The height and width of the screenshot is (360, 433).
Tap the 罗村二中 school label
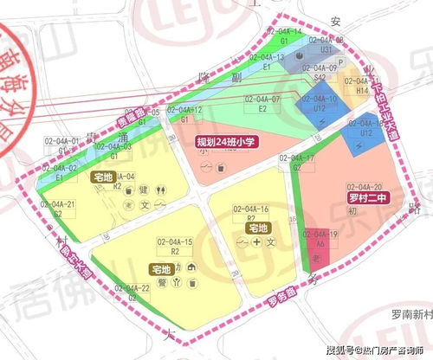[364, 196]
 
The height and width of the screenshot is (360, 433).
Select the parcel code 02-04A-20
[365, 185]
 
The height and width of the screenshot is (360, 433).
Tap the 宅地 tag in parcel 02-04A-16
[257, 228]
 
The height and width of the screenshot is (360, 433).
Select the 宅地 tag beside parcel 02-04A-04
[102, 177]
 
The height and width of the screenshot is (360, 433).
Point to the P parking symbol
[341, 62]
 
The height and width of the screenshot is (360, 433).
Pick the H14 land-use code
[363, 90]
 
